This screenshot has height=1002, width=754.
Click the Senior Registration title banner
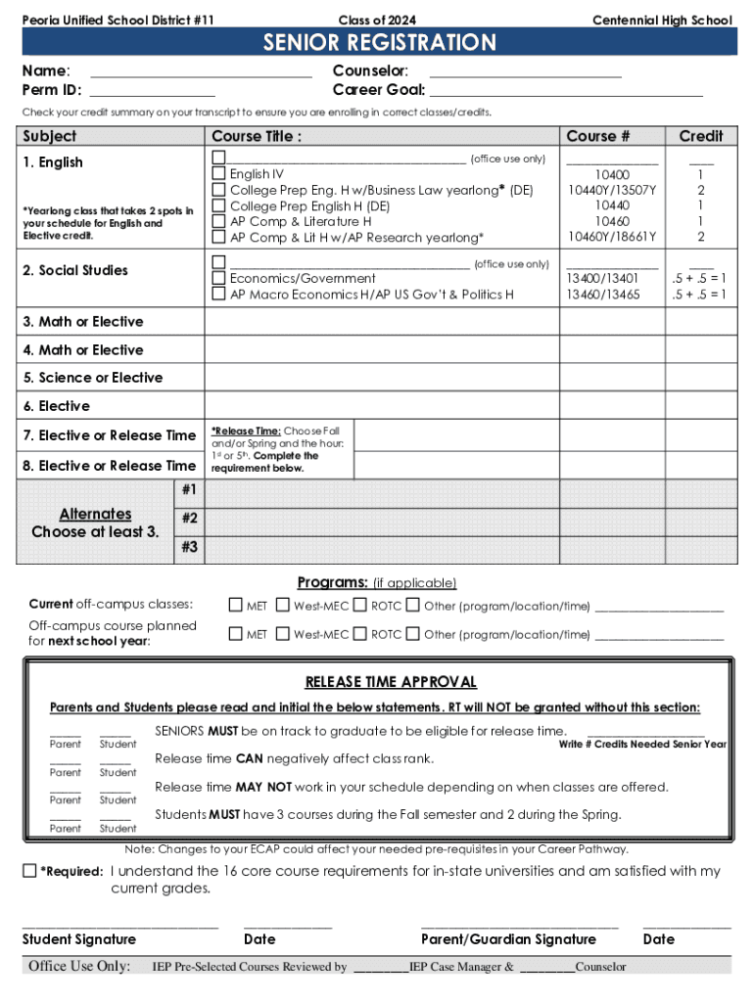point(378,43)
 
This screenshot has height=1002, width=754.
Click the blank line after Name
point(201,72)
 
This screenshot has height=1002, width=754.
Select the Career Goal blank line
point(566,91)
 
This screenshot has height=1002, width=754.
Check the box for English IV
point(219,174)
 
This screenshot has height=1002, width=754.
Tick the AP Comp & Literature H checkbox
point(219,222)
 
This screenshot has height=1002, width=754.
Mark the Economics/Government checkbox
point(219,279)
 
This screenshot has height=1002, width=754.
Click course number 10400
point(612,174)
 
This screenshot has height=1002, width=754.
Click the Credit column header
point(700,136)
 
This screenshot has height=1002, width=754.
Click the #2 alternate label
point(190,518)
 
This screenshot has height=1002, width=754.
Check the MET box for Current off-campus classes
point(235,606)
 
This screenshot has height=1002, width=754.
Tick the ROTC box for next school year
point(360,634)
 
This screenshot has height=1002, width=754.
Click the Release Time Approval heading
point(391,682)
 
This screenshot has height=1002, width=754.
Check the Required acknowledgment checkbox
point(30,871)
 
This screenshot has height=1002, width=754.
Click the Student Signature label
point(79,939)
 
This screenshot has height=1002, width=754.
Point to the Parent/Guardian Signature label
point(508,939)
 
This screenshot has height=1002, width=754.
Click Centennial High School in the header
point(662,21)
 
